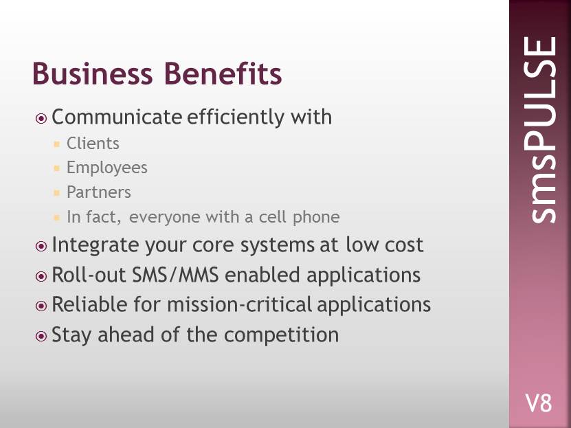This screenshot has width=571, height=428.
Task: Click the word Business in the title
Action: tap(93, 74)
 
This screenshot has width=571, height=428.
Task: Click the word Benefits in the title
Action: tap(223, 74)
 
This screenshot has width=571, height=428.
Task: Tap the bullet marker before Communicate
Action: tap(41, 118)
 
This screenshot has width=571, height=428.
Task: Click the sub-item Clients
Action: tap(93, 144)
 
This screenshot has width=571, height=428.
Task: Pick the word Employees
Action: tap(107, 168)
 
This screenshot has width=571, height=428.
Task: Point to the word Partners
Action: tap(99, 192)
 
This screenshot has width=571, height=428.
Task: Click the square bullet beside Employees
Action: tap(56, 168)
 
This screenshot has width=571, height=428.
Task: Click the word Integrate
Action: tap(95, 245)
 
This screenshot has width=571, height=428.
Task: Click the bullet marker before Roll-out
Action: tap(41, 276)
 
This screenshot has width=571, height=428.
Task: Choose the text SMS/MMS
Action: tap(175, 275)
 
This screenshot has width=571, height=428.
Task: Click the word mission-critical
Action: tap(240, 304)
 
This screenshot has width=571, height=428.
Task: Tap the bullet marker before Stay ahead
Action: tap(41, 336)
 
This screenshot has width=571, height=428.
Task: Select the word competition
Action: tap(281, 335)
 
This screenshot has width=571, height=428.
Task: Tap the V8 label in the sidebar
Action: tap(539, 403)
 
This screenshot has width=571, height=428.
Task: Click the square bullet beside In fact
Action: tap(56, 218)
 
